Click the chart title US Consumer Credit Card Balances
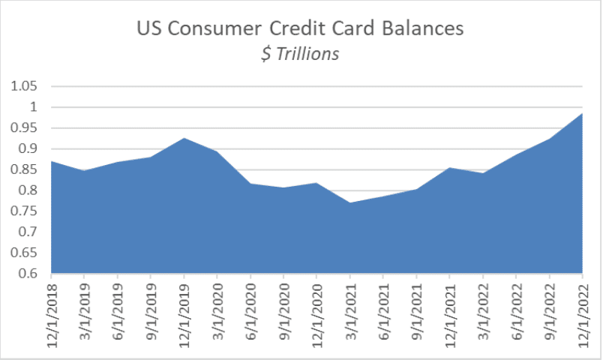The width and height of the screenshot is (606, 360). point(300,28)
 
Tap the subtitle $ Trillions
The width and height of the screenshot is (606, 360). point(300,54)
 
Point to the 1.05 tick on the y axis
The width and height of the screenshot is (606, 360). point(24,85)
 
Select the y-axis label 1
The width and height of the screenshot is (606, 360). point(34,106)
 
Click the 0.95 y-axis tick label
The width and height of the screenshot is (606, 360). point(24,127)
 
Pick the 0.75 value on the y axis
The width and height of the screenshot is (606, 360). point(24,211)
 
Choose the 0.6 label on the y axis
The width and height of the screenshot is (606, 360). point(28,273)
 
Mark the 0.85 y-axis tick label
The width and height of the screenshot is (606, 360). point(24,169)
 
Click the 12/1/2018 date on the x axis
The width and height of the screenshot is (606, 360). point(52,316)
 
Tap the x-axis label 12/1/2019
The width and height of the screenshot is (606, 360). point(184,316)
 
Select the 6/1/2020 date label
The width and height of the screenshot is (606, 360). point(251,312)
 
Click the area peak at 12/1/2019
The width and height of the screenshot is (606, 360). point(184,138)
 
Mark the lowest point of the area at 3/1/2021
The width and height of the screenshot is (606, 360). point(350,202)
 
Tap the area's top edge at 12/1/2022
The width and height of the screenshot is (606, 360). point(582,113)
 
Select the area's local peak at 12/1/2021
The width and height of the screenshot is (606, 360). point(449,167)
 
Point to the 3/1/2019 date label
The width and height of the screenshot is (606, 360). point(85,312)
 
